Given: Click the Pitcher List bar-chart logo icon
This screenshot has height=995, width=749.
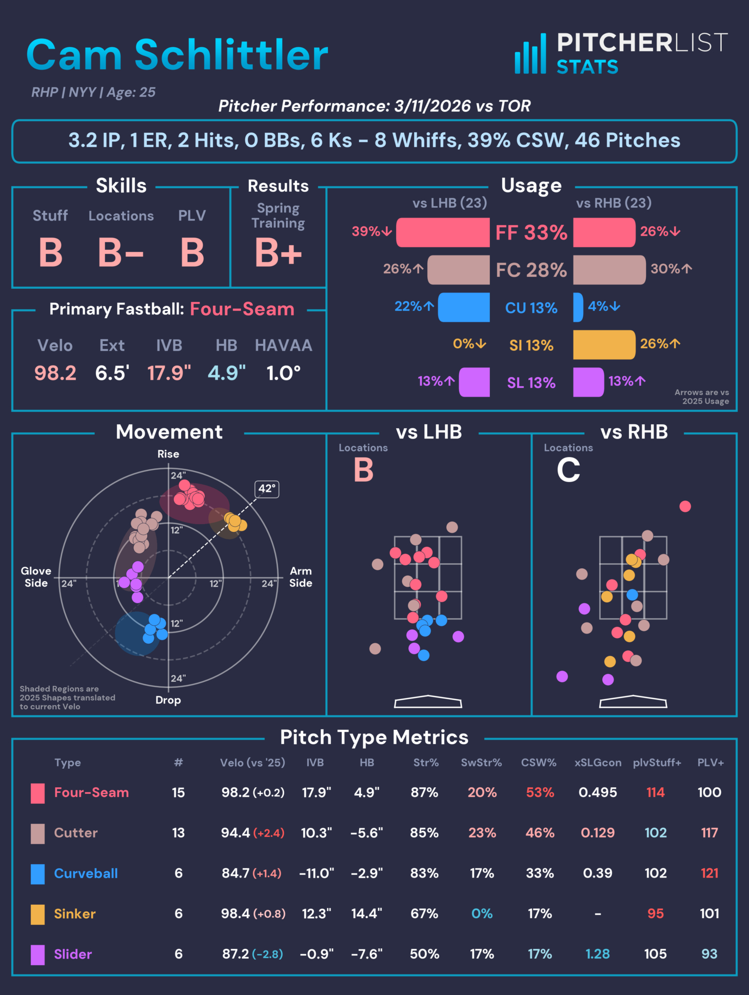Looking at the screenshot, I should click(x=530, y=54).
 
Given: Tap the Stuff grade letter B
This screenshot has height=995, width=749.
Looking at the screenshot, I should click(x=50, y=253).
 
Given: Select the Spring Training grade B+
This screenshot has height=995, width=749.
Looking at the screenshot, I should click(x=278, y=253).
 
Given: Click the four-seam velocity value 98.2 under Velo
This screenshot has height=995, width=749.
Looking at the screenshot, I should click(x=55, y=373).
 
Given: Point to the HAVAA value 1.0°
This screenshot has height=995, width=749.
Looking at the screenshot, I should click(x=283, y=373).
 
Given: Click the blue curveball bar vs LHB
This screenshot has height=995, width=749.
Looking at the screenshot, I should click(x=464, y=307).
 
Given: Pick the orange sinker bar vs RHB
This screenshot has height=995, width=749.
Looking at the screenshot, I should click(x=604, y=345).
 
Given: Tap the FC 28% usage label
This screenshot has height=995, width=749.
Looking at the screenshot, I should click(x=531, y=270).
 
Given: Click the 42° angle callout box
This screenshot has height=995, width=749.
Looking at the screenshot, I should click(x=267, y=488).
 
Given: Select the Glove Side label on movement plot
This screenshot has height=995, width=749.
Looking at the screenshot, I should click(x=36, y=576).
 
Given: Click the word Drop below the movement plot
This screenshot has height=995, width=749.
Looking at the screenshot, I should click(x=168, y=700).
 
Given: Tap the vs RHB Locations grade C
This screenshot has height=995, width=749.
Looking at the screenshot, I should click(x=568, y=470).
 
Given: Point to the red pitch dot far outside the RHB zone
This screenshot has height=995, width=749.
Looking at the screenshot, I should click(x=685, y=506).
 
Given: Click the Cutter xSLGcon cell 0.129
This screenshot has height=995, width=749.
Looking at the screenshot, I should click(x=598, y=832).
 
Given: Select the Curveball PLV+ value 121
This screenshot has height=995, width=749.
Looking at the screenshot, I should click(x=709, y=873).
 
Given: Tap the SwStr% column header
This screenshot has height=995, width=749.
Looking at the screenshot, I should click(x=481, y=763).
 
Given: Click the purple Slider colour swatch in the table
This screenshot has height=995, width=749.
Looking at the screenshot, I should click(x=37, y=954).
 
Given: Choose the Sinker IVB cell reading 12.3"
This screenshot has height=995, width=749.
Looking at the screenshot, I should click(x=317, y=913).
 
